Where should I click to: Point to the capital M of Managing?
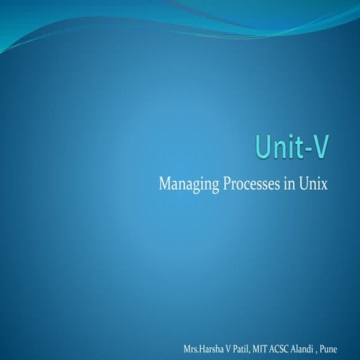coord(165,184)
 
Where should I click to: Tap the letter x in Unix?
coord(325,184)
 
